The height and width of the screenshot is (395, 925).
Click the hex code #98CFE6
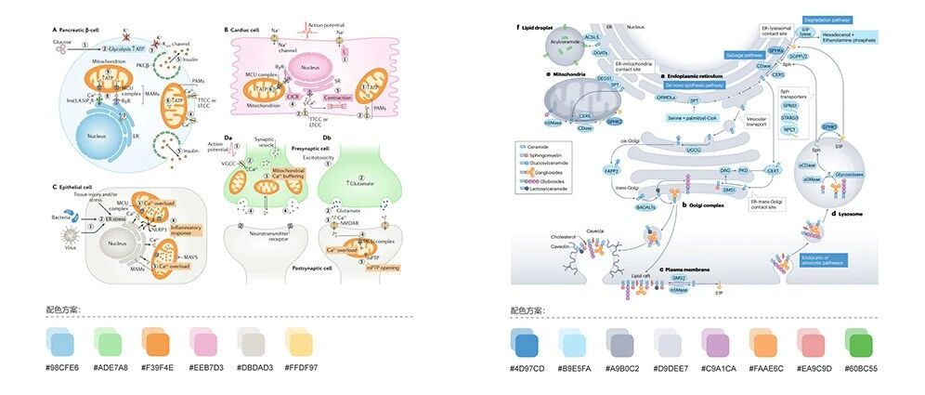click(x=64, y=367)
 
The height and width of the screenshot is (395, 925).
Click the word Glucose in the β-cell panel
click(x=60, y=41)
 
